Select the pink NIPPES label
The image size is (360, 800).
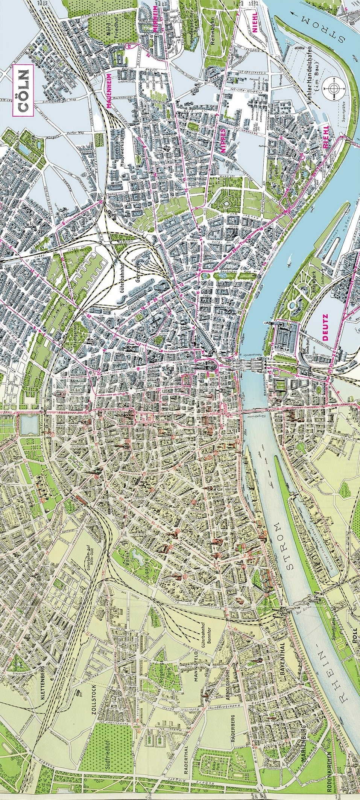click(223, 140)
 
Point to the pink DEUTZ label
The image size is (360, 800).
click(325, 327)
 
